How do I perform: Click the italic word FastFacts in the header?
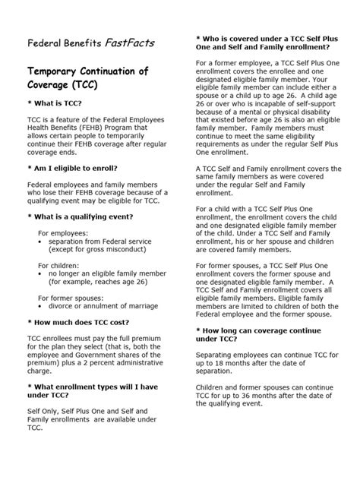point(131,44)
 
